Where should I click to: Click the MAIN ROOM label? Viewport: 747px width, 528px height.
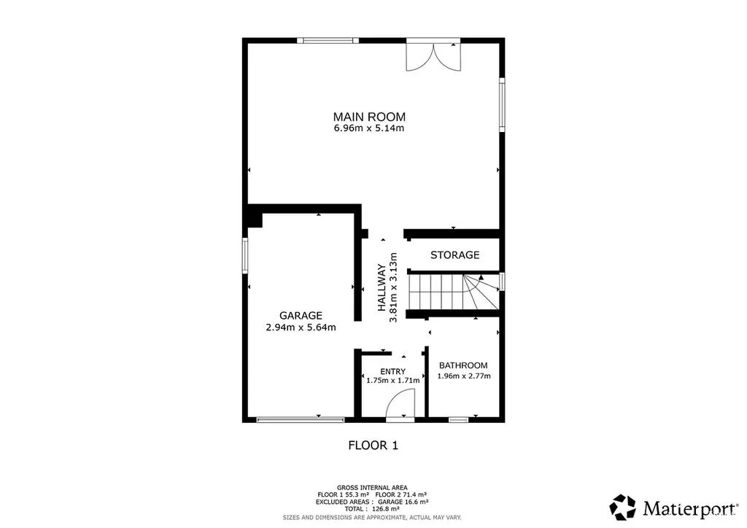(369, 117)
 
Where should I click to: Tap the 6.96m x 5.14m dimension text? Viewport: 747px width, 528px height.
(369, 128)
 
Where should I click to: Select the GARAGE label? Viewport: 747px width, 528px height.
(301, 315)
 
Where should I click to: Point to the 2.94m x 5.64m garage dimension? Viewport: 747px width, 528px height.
(301, 327)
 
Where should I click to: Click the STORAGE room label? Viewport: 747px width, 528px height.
(455, 255)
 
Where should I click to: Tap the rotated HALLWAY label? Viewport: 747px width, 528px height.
(382, 287)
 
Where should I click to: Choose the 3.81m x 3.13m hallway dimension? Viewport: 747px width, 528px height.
(393, 287)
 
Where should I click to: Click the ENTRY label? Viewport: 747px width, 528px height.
(393, 371)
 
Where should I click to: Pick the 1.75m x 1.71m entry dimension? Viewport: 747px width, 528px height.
(393, 381)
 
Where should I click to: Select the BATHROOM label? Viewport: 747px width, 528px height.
(463, 365)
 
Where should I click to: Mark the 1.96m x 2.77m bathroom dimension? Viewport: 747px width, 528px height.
(464, 376)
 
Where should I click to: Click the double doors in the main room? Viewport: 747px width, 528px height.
(433, 56)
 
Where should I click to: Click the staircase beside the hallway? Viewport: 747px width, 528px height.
(454, 291)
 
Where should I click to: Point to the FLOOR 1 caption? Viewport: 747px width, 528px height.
(373, 445)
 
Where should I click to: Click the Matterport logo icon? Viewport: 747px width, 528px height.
(623, 507)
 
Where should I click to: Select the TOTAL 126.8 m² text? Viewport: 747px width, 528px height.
(372, 509)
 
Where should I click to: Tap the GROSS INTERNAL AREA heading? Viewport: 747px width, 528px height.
(372, 488)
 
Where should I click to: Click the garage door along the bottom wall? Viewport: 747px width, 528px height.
(300, 419)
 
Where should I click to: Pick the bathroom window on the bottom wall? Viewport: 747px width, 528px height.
(459, 419)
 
